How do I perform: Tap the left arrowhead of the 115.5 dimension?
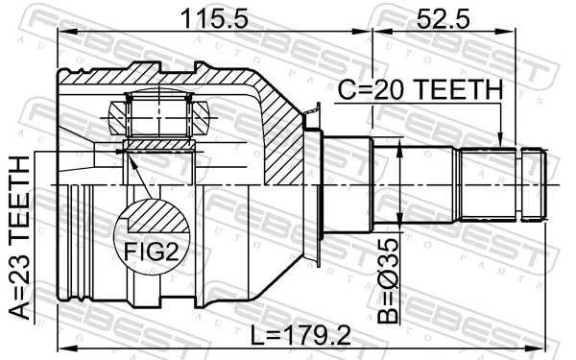[x=63, y=33]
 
